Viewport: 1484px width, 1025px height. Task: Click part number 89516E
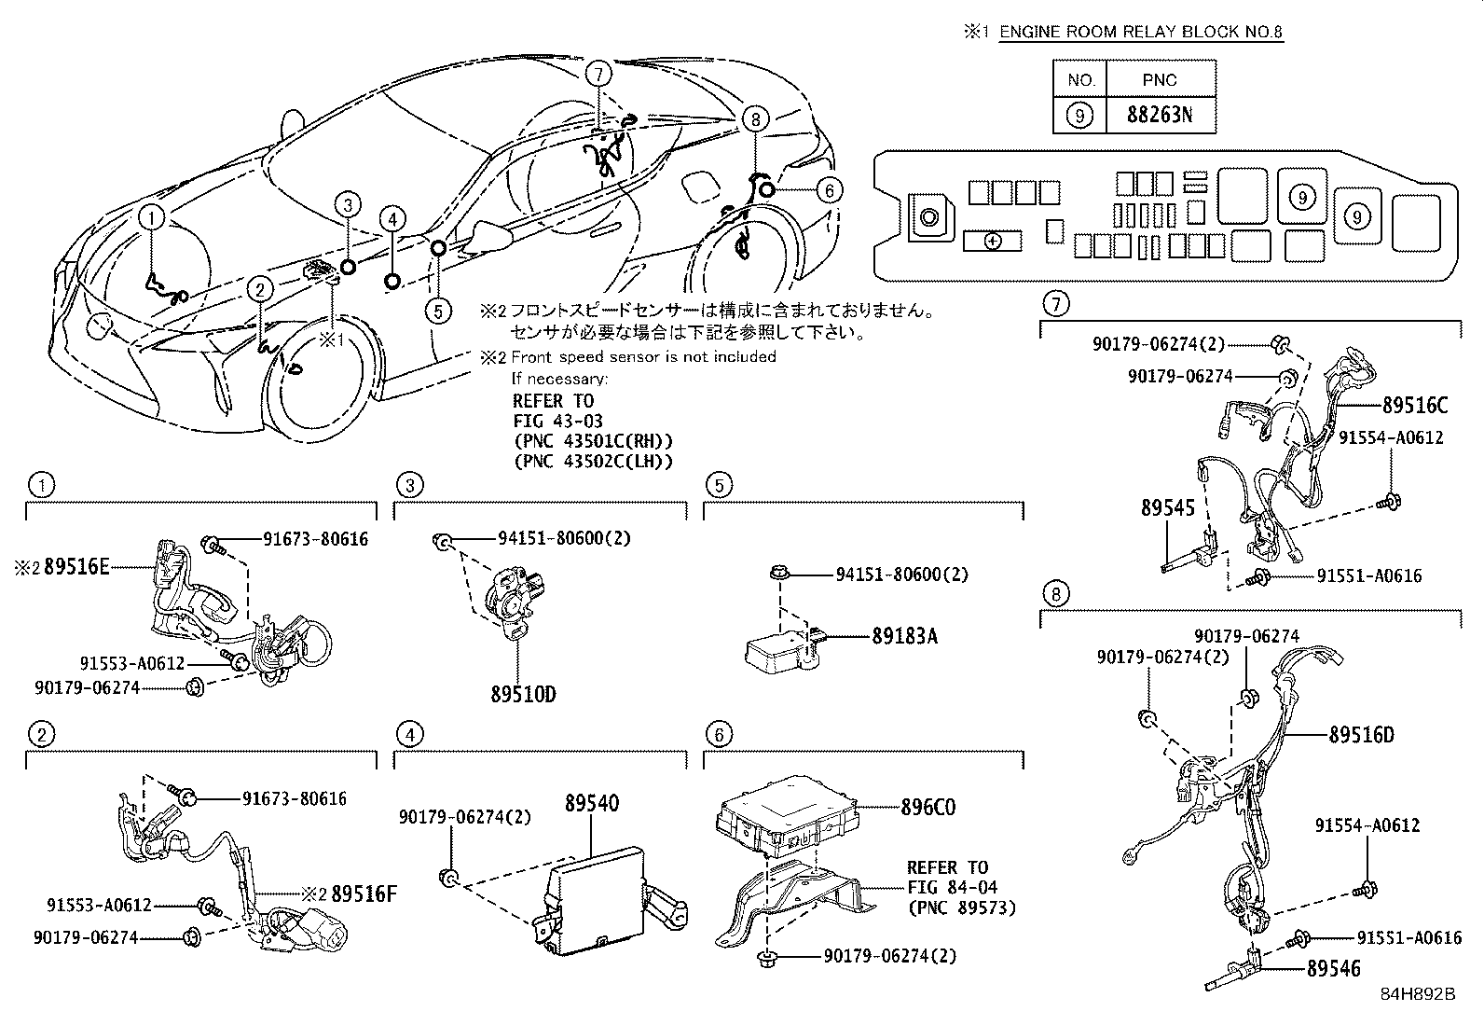point(76,565)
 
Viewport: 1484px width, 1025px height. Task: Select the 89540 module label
point(592,803)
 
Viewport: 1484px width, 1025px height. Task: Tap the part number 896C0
point(927,808)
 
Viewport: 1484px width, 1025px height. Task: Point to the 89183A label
point(904,636)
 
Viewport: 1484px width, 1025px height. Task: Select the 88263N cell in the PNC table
point(1160,116)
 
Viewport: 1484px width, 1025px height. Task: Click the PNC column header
point(1160,80)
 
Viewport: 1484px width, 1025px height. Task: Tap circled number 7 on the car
point(598,72)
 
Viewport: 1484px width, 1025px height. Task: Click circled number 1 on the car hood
point(152,218)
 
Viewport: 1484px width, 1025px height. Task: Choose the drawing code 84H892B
point(1418,993)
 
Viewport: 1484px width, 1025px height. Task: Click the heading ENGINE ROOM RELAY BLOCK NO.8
point(1141,32)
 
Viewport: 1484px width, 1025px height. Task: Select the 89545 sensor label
point(1167,507)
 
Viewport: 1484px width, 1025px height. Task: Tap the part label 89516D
point(1361,735)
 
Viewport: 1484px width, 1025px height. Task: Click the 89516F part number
point(364,893)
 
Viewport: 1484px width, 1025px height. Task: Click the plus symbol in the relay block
point(992,241)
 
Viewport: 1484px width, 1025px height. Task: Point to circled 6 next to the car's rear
point(828,191)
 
